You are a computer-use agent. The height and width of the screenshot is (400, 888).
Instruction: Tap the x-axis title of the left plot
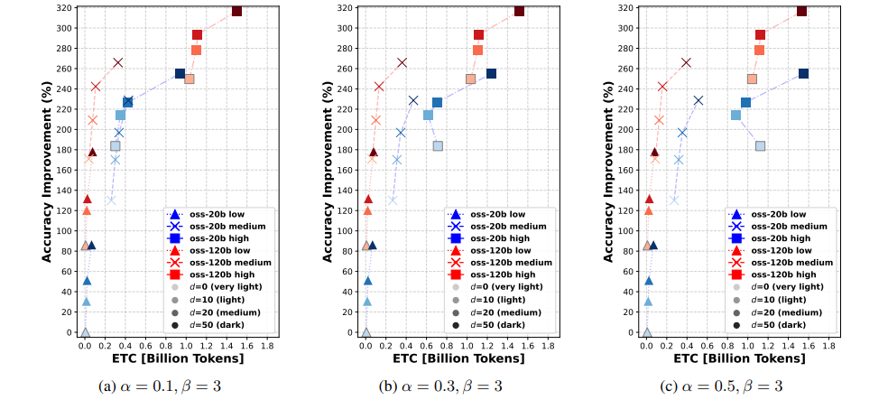(x=180, y=358)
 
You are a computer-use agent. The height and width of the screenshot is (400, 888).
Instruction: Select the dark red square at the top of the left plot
(x=236, y=11)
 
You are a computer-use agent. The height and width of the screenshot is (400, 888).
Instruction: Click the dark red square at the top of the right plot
(x=801, y=11)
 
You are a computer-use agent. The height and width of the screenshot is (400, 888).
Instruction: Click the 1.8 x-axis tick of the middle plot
(x=549, y=345)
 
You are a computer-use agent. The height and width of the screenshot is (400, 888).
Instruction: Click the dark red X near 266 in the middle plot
(x=402, y=63)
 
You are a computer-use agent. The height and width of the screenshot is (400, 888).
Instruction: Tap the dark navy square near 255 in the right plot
(x=803, y=74)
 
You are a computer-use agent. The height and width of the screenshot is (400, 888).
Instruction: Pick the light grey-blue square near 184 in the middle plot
(x=438, y=146)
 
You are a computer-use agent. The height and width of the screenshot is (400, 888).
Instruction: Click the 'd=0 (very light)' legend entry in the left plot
(x=217, y=286)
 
